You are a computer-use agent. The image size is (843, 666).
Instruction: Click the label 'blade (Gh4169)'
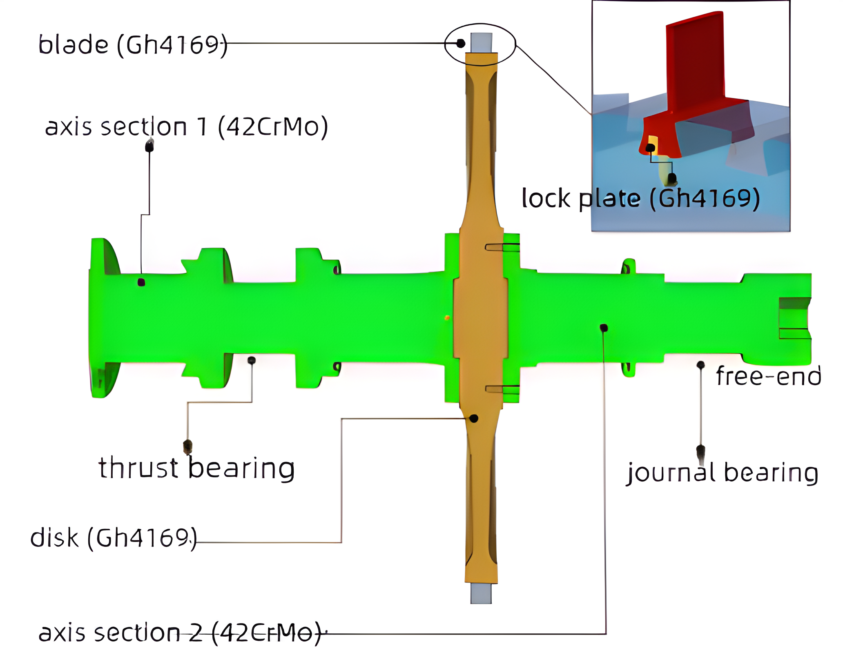[133, 45]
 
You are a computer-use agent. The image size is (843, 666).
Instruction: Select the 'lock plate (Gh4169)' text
[640, 199]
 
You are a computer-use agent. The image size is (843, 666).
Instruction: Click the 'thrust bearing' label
[196, 468]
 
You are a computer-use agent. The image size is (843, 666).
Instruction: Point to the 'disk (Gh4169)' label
[114, 538]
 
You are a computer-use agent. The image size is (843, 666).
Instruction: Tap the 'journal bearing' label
[723, 473]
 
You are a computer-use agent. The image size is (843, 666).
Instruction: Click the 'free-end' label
[768, 376]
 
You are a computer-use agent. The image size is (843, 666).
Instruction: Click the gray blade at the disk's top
[481, 42]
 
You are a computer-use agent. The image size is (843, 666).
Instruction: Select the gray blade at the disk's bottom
[481, 593]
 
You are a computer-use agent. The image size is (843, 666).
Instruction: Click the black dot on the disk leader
[474, 418]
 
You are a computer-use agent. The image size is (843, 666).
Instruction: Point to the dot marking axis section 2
[604, 328]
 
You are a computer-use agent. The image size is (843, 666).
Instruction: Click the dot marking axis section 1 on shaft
[141, 282]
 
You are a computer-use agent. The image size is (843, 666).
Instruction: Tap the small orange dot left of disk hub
[447, 317]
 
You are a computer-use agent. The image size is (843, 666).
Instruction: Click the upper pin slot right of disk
[502, 247]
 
